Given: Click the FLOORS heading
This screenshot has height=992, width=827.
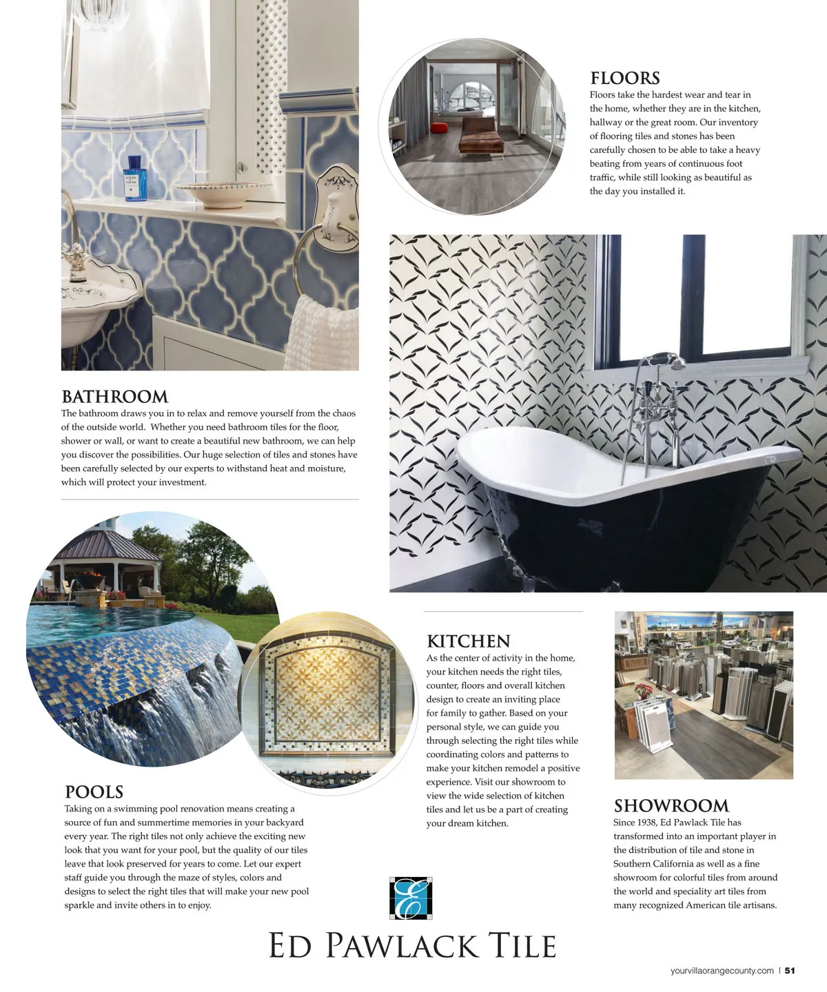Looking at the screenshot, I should [624, 78].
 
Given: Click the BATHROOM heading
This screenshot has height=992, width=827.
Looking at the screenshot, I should [114, 397].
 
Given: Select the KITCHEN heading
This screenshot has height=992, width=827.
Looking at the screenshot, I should [469, 641].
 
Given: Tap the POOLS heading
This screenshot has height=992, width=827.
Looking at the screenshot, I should [94, 792].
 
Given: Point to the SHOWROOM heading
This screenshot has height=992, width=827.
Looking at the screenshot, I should [671, 805].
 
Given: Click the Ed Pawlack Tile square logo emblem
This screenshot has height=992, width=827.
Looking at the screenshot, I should [411, 898].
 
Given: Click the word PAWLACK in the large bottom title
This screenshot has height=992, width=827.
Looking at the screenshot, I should [401, 947].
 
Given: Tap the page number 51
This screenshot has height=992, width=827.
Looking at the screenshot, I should [790, 971].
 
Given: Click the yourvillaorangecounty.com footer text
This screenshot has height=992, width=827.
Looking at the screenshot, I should [722, 971].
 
